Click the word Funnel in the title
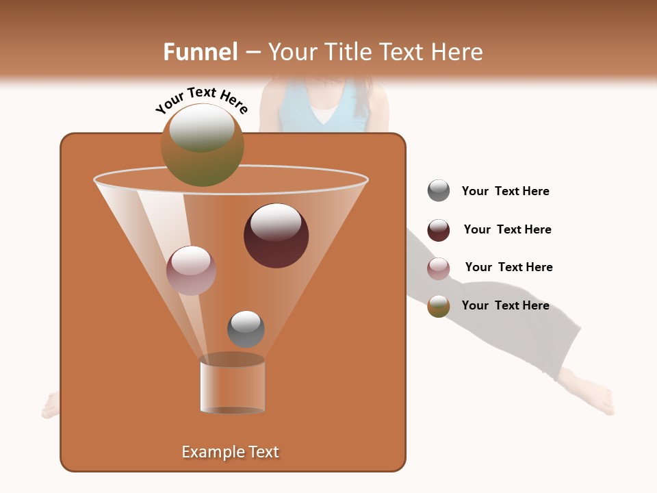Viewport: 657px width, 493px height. pos(200,52)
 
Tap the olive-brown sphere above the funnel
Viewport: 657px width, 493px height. pos(203,145)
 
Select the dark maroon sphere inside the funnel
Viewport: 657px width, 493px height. pos(276,236)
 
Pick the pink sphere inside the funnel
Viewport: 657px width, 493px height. pos(191,270)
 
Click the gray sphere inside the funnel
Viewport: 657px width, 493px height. pos(246,329)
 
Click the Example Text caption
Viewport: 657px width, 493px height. pos(230,452)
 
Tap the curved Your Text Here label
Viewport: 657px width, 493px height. pos(201,100)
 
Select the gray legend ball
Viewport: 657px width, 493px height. pos(439,191)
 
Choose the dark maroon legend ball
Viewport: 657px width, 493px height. pos(439,230)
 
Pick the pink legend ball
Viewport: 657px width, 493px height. pos(439,268)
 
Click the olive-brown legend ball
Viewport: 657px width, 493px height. pos(439,306)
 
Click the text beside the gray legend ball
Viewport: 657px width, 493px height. pos(505,192)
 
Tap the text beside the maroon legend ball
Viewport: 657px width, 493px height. pos(507,230)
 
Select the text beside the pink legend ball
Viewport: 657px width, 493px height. pos(508,268)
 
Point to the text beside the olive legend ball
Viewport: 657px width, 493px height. pos(505,306)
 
